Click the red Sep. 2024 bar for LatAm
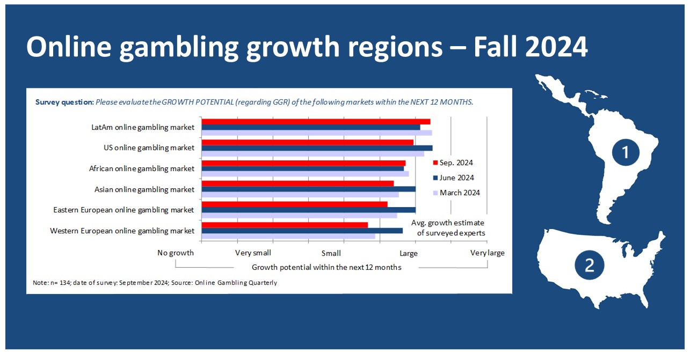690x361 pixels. coord(316,122)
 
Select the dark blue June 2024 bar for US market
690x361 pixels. coord(317,148)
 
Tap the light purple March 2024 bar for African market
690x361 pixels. coord(305,174)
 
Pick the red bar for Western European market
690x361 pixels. coord(285,225)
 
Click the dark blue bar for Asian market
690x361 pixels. coord(309,189)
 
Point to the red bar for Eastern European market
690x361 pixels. coord(294,204)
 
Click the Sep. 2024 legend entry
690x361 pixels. coord(453,163)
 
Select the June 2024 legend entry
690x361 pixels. coord(453,178)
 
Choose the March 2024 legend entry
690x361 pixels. coord(456,193)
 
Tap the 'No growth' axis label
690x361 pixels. coord(176,253)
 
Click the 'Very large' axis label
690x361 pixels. coord(488,253)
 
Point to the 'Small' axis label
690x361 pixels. coord(331,253)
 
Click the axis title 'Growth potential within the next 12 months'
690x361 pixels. coord(326,267)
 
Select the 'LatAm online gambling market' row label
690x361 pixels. coord(143,128)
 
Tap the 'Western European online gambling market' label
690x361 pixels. coord(122,231)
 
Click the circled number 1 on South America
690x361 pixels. coord(626,152)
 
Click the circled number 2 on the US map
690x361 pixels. coord(589,265)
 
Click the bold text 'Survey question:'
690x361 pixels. coord(64,102)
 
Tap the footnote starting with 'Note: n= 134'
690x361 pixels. coord(155,283)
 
